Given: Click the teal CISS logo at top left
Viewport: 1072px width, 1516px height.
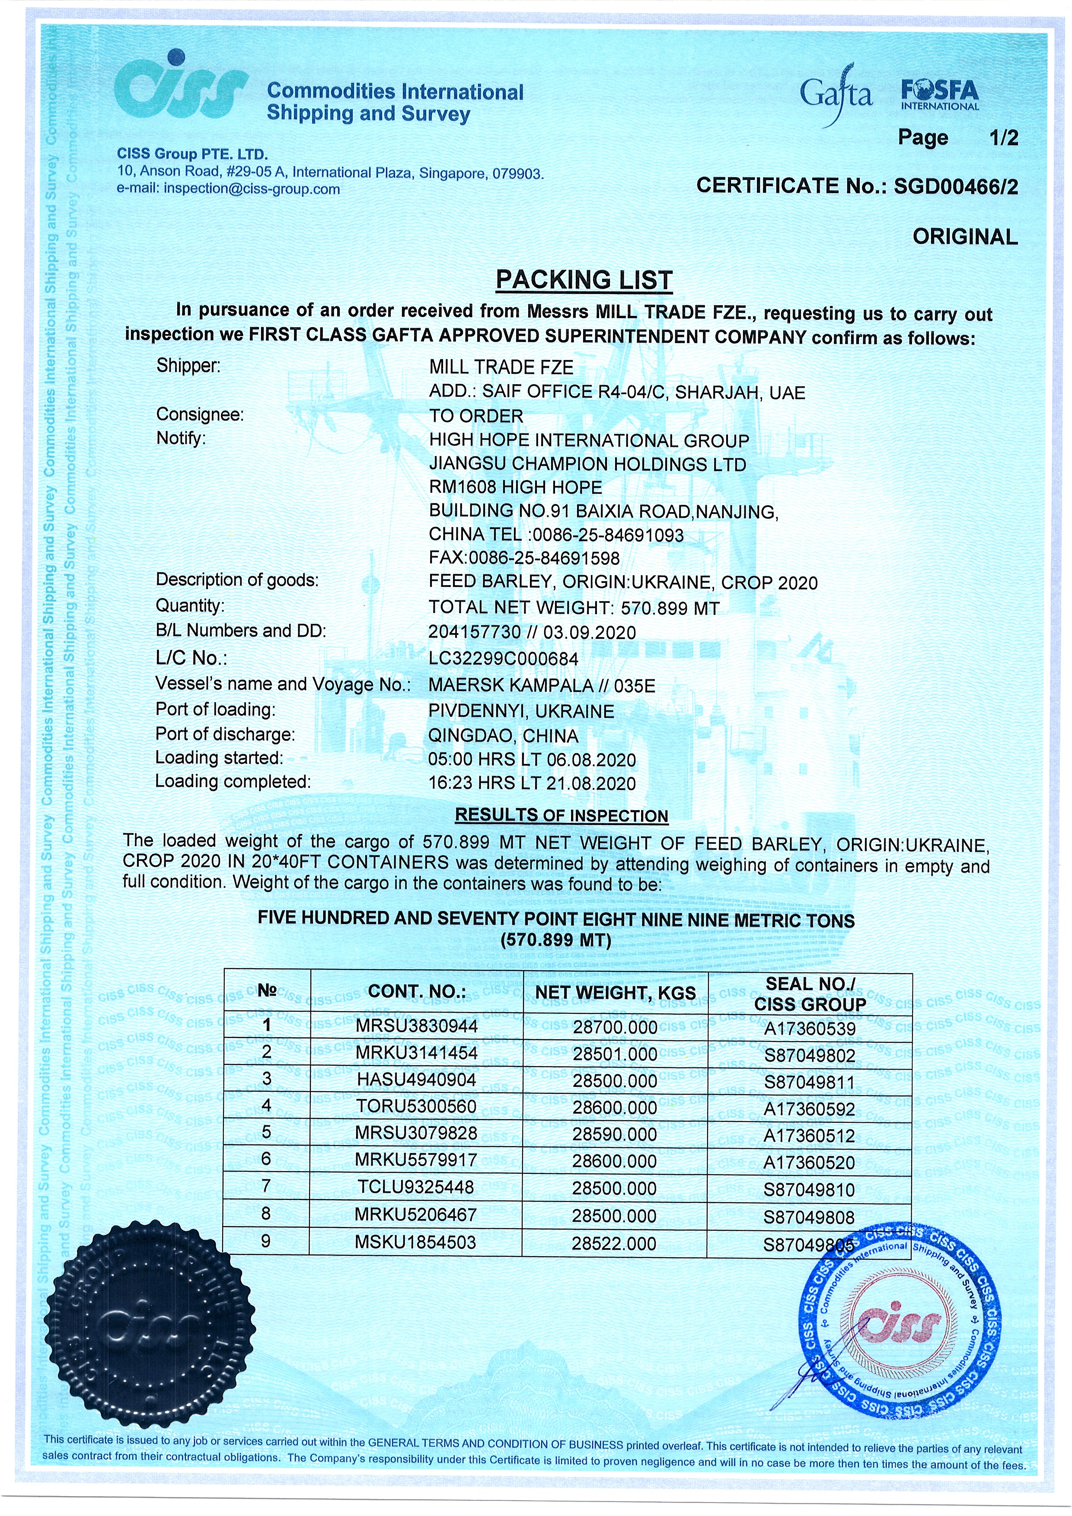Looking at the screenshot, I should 180,88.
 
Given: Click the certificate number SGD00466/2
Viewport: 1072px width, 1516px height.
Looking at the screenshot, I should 956,187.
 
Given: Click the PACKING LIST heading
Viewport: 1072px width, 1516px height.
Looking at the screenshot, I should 584,280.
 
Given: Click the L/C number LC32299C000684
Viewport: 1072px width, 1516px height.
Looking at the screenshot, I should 503,658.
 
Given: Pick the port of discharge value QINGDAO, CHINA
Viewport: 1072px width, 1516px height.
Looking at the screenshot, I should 503,736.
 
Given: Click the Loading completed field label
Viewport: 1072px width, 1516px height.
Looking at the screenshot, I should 233,782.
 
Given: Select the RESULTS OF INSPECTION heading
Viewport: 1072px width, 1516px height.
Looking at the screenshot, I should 562,815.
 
